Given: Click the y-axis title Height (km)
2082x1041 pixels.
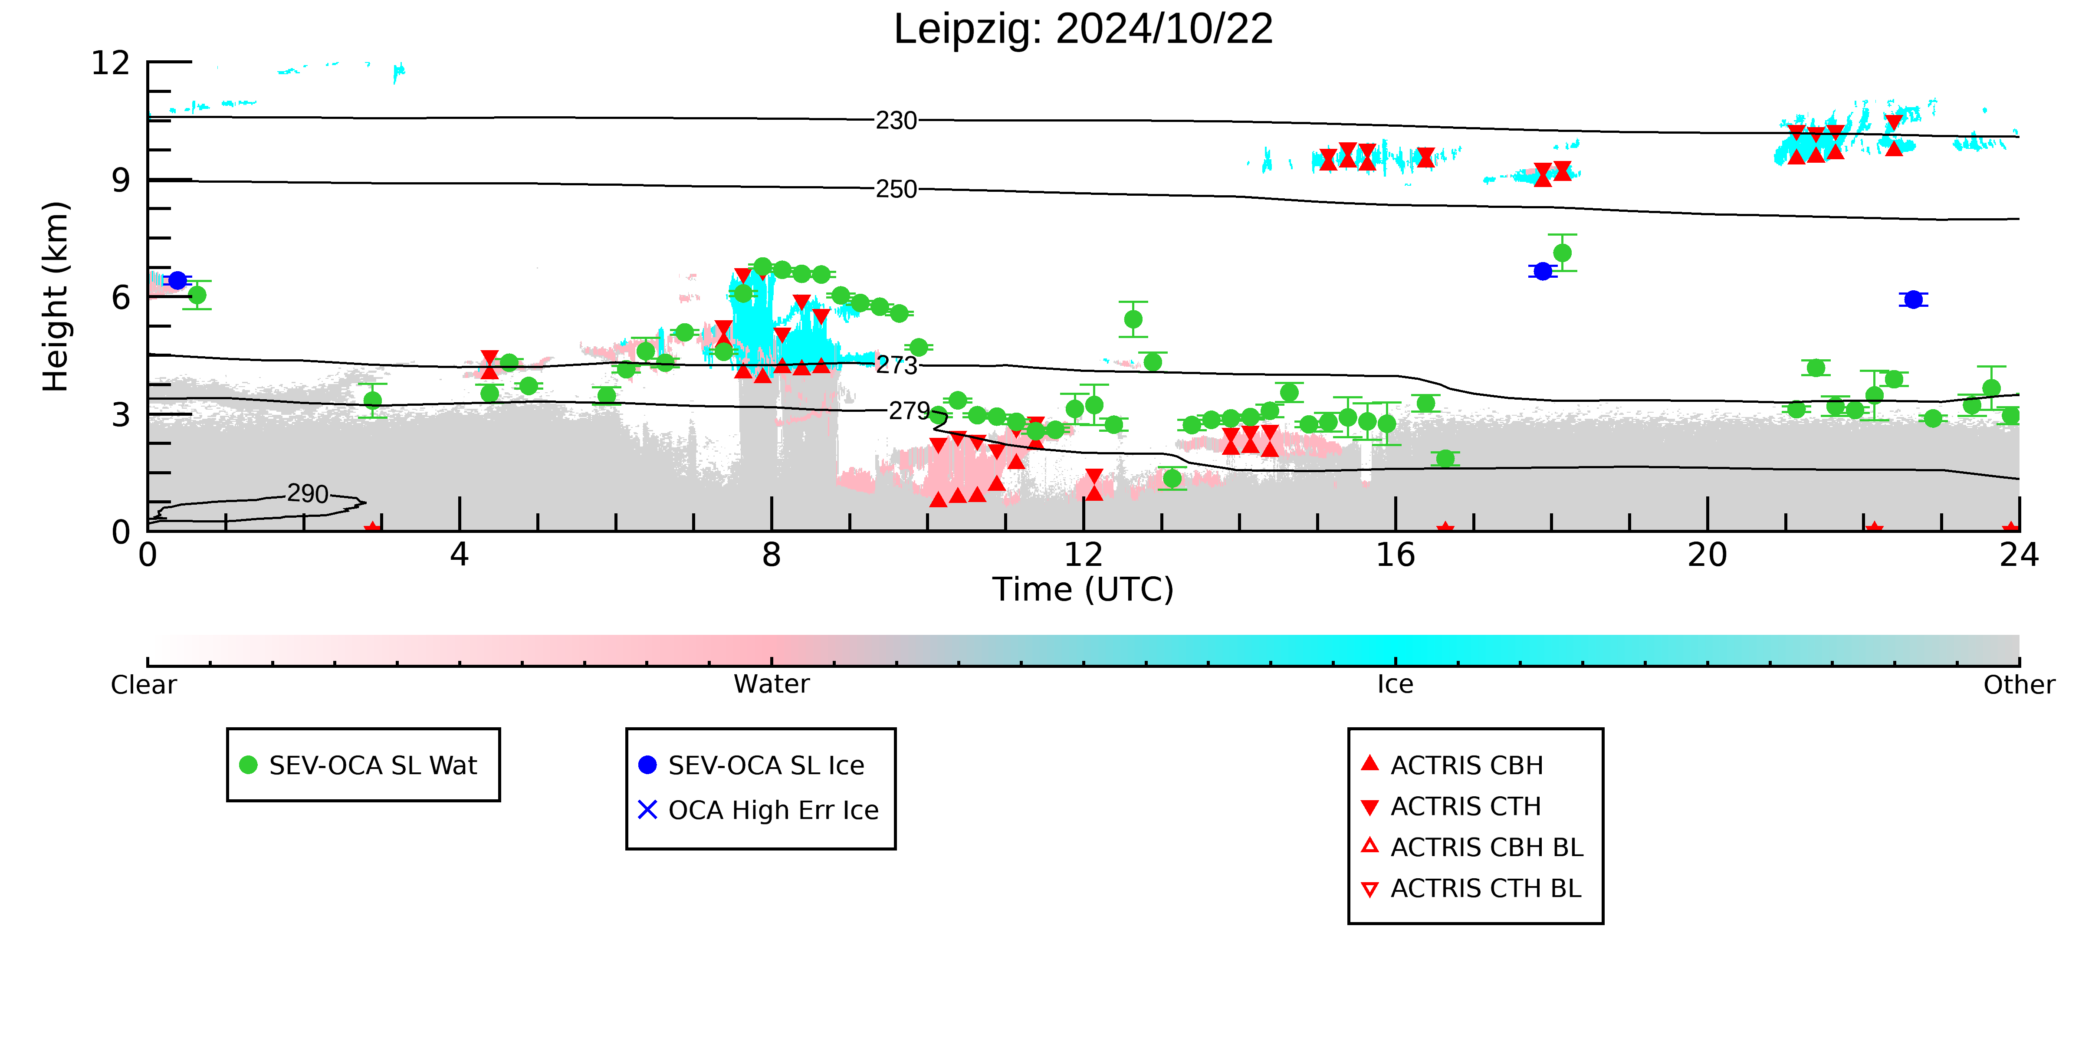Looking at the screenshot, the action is tap(56, 297).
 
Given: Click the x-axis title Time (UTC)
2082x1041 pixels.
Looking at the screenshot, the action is tap(1083, 589).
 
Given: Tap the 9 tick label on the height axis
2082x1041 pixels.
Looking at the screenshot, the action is tap(121, 180).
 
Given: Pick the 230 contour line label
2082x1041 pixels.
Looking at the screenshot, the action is tap(897, 121).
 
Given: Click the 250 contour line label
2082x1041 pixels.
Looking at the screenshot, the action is tap(897, 189).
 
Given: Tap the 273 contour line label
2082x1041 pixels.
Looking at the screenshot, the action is tap(897, 365).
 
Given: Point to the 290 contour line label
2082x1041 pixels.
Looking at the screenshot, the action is tap(308, 494).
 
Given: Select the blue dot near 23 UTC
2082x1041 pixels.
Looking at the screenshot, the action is tap(1913, 300).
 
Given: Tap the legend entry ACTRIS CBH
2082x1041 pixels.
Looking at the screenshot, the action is tap(1452, 765).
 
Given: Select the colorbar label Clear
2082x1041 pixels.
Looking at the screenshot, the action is tap(144, 685).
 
